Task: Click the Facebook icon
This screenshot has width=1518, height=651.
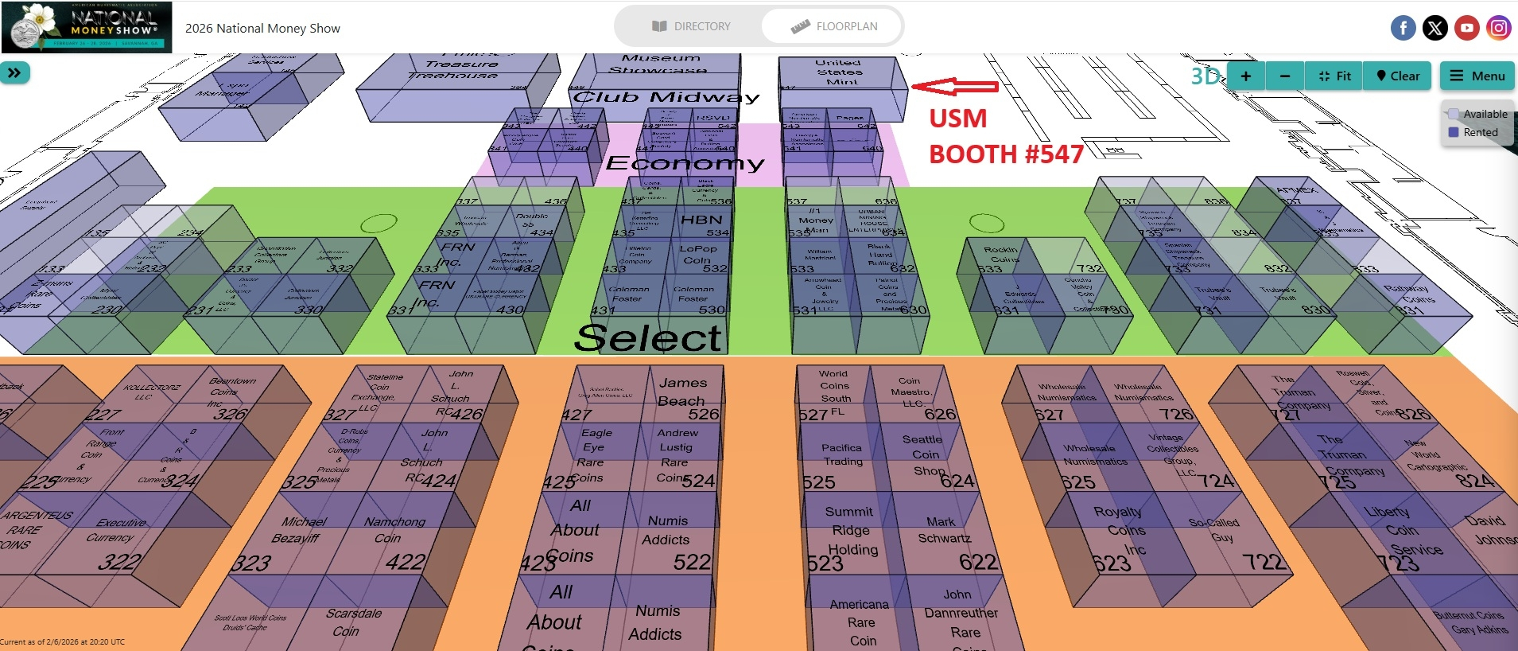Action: pyautogui.click(x=1403, y=29)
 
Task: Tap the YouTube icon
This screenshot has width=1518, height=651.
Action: pyautogui.click(x=1466, y=29)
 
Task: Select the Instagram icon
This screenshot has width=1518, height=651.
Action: pyautogui.click(x=1498, y=29)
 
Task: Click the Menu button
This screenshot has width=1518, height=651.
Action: pyautogui.click(x=1477, y=76)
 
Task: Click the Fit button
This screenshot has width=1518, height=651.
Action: pyautogui.click(x=1334, y=76)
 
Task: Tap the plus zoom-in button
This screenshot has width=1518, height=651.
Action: pyautogui.click(x=1246, y=76)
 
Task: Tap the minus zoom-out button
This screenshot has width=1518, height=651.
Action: pyautogui.click(x=1284, y=76)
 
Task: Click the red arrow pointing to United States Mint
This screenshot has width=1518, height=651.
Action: pyautogui.click(x=954, y=86)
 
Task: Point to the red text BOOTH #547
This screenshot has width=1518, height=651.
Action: pyautogui.click(x=1006, y=154)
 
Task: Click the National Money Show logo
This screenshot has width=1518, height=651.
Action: pyautogui.click(x=87, y=27)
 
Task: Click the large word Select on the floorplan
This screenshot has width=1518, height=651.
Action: pyautogui.click(x=648, y=337)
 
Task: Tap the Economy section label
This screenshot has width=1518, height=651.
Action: pyautogui.click(x=685, y=163)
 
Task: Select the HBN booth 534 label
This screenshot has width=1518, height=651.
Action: pyautogui.click(x=701, y=220)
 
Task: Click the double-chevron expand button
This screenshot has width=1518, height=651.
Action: pyautogui.click(x=15, y=73)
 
